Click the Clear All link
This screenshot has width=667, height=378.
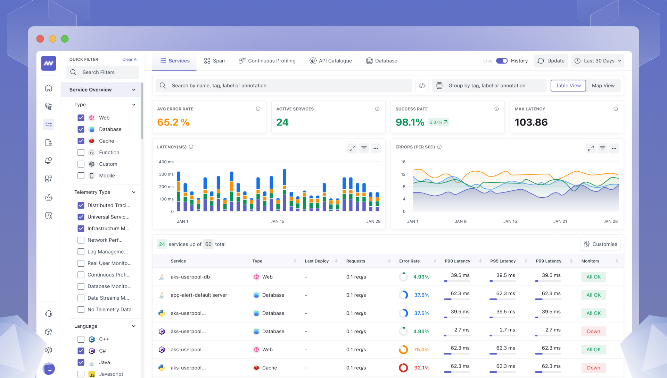(130, 59)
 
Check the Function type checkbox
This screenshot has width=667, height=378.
(81, 153)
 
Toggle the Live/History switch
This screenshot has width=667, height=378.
(502, 61)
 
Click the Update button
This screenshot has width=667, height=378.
(551, 61)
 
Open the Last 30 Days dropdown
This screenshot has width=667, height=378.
(598, 61)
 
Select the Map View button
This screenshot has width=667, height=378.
(603, 86)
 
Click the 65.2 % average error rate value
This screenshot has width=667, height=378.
(173, 122)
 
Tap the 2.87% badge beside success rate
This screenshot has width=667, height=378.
(438, 122)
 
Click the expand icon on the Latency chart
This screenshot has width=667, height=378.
(352, 148)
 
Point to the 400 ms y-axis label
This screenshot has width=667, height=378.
(166, 162)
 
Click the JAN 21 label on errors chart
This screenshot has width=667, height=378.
(560, 221)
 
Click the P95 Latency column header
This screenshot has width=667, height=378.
(503, 261)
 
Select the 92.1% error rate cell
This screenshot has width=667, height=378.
(421, 368)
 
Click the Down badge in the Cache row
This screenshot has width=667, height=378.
(593, 368)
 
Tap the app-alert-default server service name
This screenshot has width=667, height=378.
(199, 295)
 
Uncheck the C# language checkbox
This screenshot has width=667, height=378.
(81, 351)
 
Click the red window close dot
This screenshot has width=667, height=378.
(40, 39)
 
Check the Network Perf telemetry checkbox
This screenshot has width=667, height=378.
(81, 240)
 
